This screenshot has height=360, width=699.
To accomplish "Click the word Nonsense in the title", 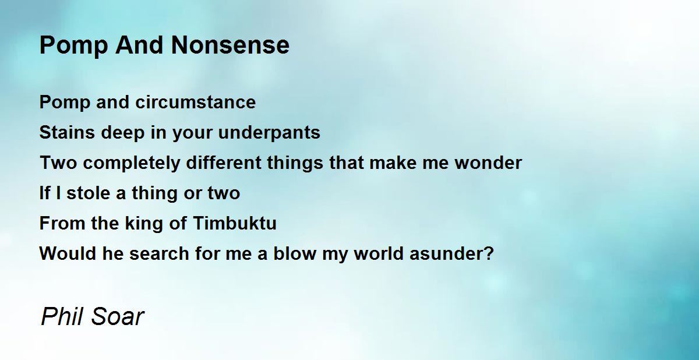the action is point(230,45).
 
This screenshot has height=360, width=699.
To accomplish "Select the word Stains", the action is point(67,132).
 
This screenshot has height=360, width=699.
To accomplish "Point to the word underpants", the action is point(269,133).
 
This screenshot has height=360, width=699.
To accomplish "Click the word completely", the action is point(132,163).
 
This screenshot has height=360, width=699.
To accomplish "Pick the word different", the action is point(224,163).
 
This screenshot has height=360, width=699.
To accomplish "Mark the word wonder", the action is point(488,163).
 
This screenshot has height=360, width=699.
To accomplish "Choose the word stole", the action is point(89,193).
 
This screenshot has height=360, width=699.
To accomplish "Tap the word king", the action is point(144,224).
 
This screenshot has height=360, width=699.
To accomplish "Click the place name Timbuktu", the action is point(235,223).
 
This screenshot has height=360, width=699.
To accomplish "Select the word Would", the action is point(68,253).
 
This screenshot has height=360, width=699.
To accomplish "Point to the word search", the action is point(159,253).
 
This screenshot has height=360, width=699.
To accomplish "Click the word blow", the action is point(295,253).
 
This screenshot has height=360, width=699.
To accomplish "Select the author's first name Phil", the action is point(63,316).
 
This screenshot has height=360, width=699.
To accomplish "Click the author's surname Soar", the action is point(118,316).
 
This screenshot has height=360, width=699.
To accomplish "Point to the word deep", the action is point(123,133).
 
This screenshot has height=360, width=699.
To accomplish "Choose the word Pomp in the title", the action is point(73,46).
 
